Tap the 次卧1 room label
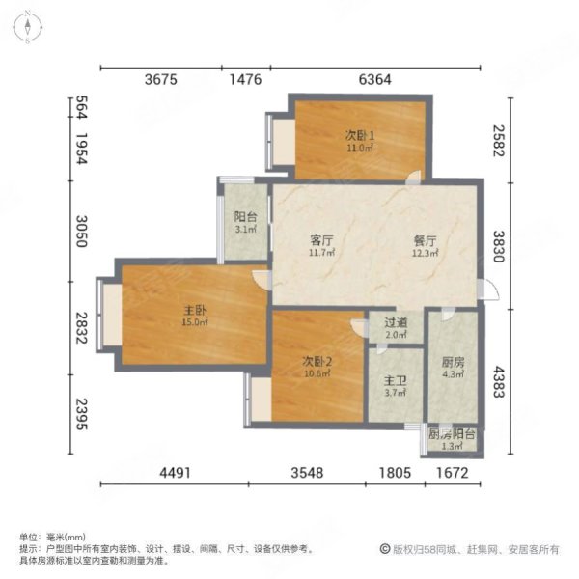pos(359,136)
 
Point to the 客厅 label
pos(321,239)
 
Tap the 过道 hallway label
pos(397,323)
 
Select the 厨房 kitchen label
pos(453,362)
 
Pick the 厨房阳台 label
pos(453,435)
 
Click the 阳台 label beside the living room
pos(245,217)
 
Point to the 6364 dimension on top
pos(374,80)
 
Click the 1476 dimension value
pos(246,80)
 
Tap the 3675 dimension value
pos(160,80)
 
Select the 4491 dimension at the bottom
pos(173,473)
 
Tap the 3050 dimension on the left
pos(82,234)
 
